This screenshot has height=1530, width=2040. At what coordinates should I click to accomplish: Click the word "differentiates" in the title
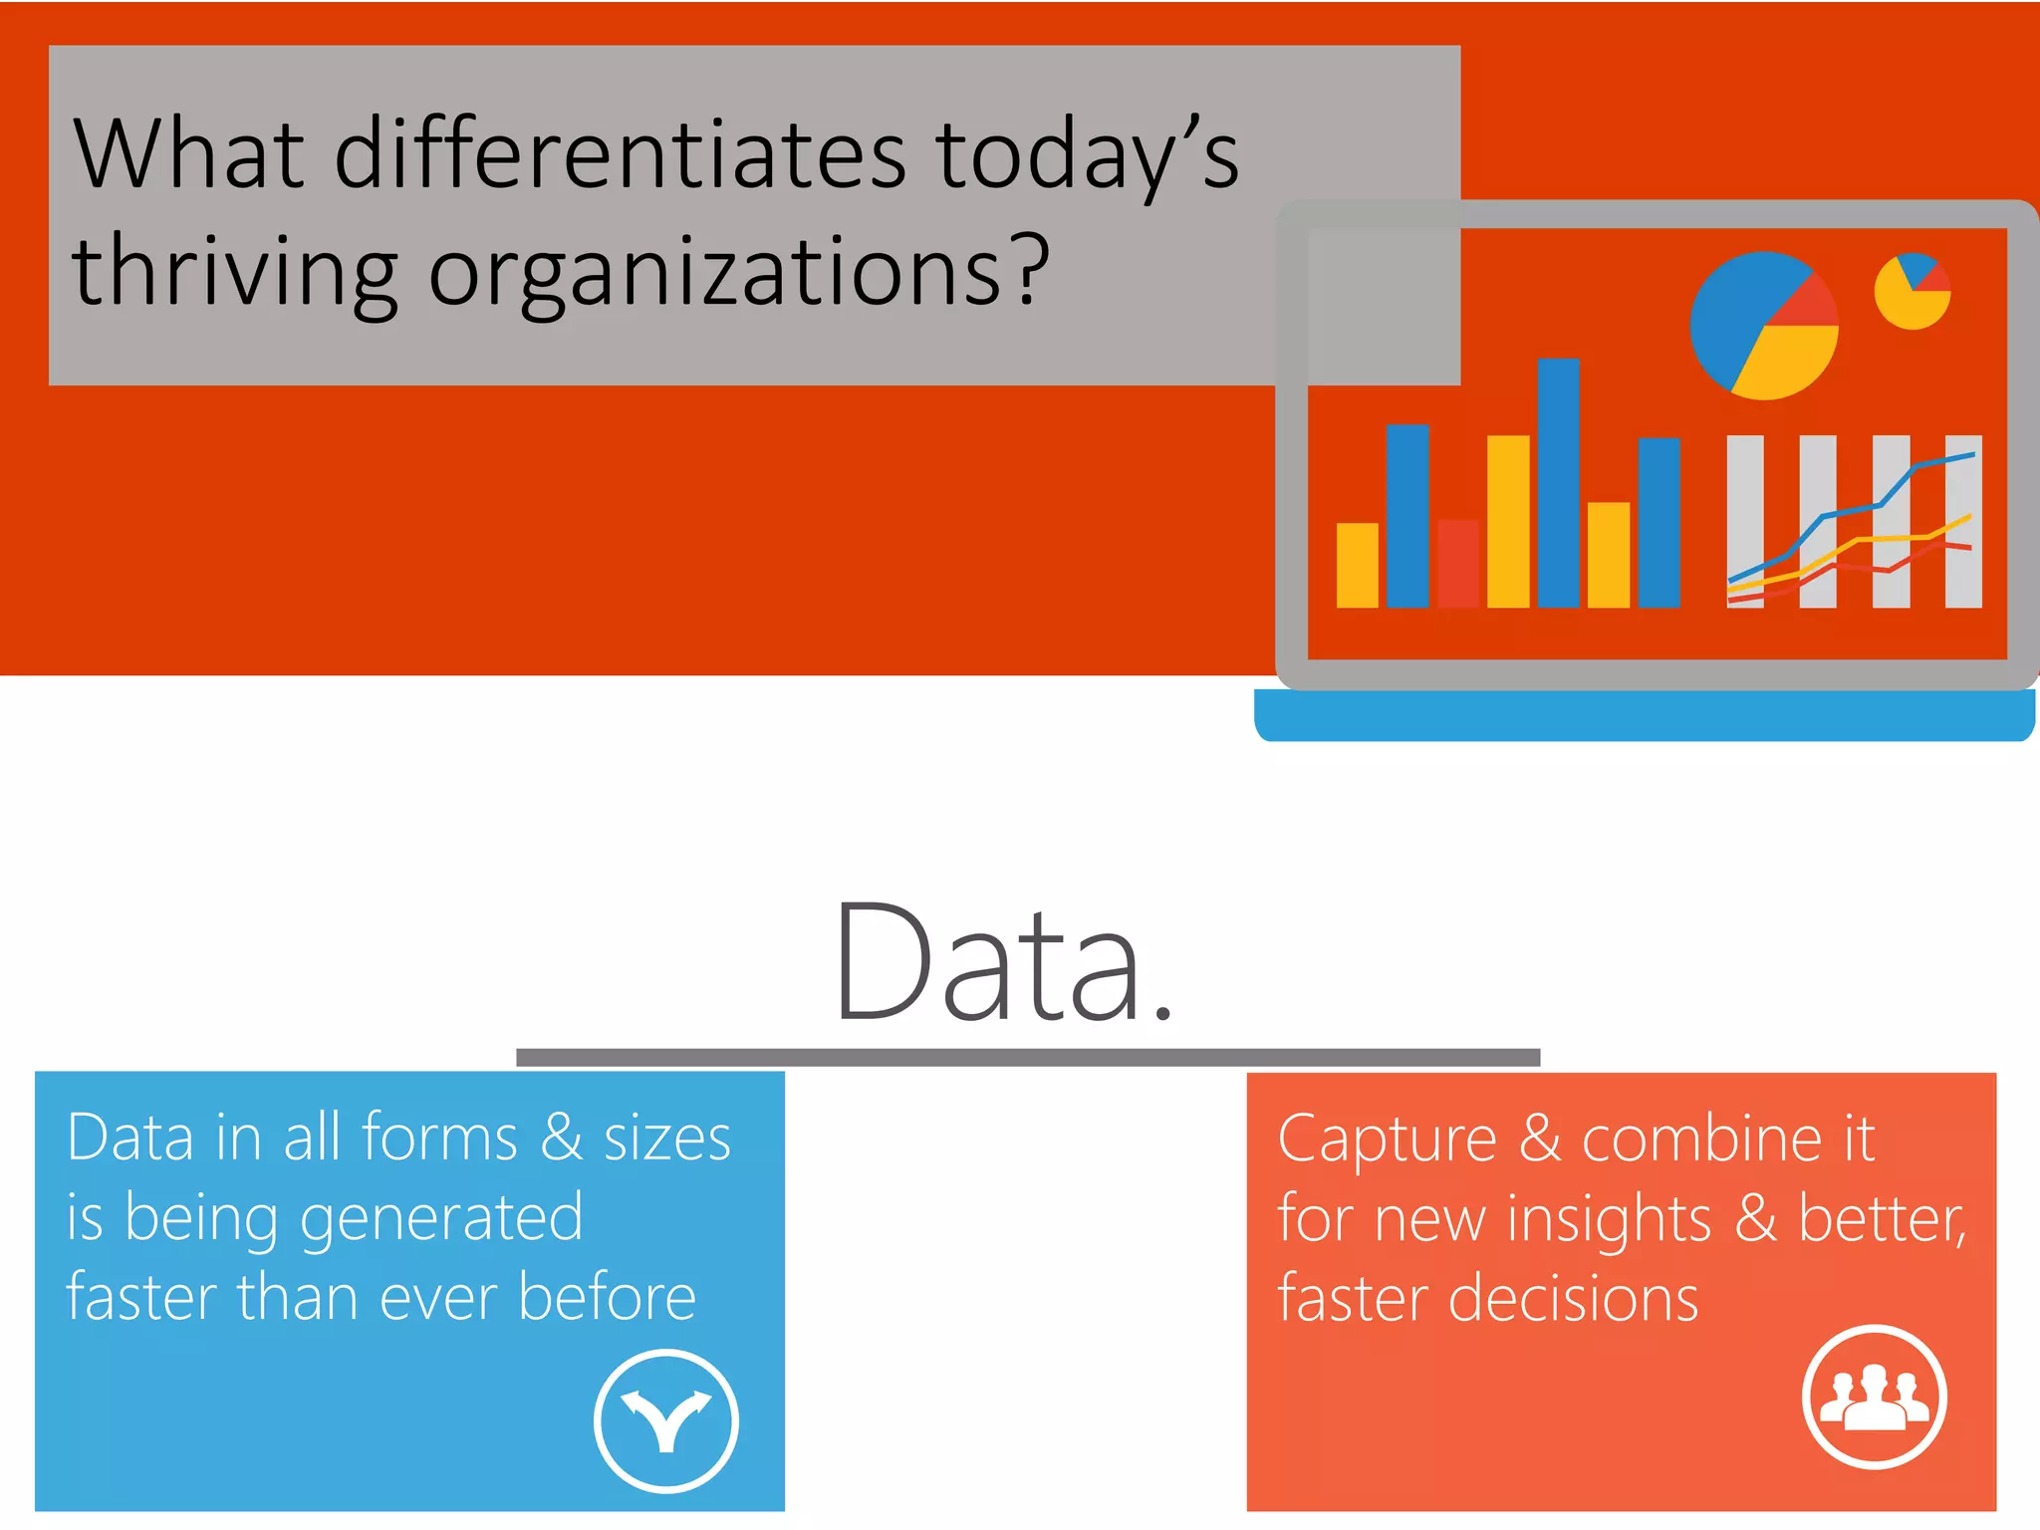tap(620, 154)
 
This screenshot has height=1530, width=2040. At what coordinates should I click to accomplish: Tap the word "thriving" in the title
tap(235, 271)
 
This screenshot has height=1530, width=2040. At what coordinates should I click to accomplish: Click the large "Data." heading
tap(1004, 963)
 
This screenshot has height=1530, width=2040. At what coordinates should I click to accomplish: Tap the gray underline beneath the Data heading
tap(1028, 1057)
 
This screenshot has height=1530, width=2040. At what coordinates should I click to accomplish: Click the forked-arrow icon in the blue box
tap(665, 1420)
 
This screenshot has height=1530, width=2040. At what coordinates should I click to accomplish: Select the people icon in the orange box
tap(1874, 1396)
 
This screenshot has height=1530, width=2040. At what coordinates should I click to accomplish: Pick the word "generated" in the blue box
tap(441, 1218)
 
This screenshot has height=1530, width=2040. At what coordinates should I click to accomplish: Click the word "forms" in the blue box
tap(439, 1138)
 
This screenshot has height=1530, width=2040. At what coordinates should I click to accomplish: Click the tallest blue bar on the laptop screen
tap(1558, 483)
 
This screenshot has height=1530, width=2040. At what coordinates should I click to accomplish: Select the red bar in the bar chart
tap(1458, 564)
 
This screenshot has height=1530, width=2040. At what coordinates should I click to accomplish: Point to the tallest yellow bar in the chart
tap(1508, 521)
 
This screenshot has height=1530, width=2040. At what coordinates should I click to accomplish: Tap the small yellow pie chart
tap(1912, 292)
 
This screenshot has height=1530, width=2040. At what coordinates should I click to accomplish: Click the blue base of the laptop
tap(1644, 715)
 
